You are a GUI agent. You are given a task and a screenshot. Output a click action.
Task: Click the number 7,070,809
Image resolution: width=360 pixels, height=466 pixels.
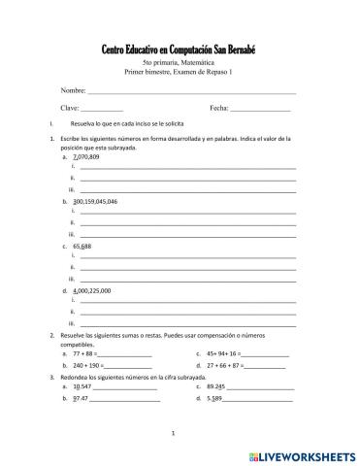pos(86,156)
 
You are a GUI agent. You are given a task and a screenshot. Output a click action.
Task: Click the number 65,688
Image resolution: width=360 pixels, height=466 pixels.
pos(82,247)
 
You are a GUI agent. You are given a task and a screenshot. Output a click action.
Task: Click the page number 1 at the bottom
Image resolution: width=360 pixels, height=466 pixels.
pos(172,433)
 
